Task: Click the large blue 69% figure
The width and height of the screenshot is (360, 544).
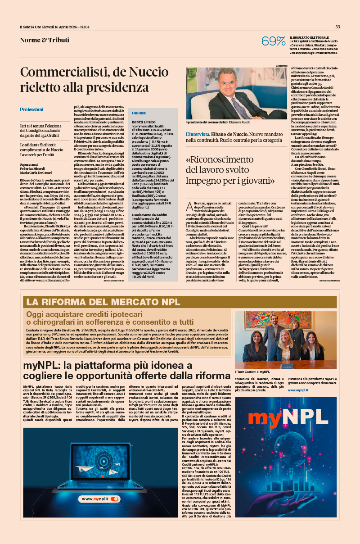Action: [274, 41]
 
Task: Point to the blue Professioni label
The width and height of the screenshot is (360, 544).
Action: [31, 109]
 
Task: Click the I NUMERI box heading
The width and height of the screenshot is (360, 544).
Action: [139, 113]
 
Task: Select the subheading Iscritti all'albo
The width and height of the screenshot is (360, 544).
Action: [144, 122]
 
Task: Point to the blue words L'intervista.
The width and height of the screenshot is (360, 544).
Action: [199, 134]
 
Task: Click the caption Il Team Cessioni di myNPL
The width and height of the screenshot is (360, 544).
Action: [252, 372]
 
